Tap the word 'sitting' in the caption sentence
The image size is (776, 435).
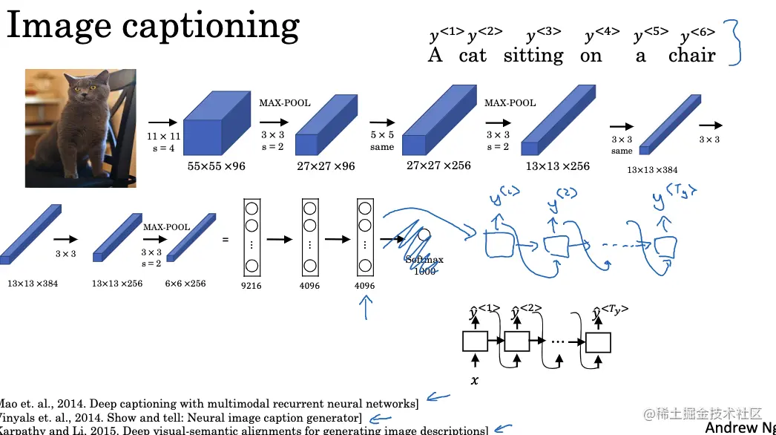point(533,56)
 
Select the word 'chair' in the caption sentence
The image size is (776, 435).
point(691,56)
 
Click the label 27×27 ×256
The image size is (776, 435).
point(438,165)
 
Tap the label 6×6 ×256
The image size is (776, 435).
point(185,284)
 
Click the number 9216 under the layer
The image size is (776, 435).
point(251,286)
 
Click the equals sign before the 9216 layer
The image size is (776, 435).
point(225,240)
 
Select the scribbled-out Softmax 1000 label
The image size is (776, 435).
point(424,265)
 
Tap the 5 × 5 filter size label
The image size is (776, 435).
point(382,136)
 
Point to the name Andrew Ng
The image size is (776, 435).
point(740,427)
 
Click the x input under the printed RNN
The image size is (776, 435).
point(474,380)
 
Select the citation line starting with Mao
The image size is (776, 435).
point(208,404)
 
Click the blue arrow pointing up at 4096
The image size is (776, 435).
point(364,308)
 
